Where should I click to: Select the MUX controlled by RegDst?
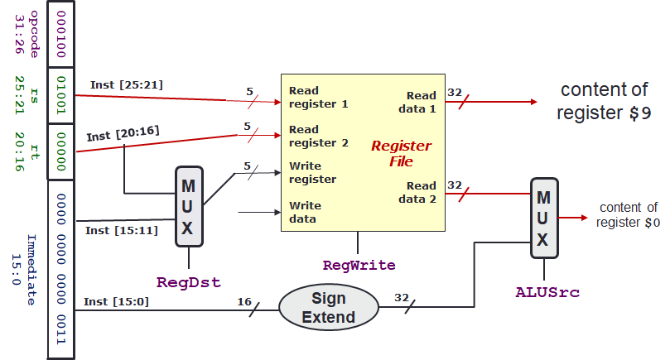click(x=189, y=206)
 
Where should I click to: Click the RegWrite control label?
click(x=359, y=266)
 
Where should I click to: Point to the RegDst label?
click(x=189, y=282)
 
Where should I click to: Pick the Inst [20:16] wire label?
click(x=123, y=131)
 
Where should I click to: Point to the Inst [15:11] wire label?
click(x=122, y=229)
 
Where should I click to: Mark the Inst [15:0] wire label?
click(x=118, y=300)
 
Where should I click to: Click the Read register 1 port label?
click(x=319, y=98)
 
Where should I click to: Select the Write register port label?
click(x=312, y=172)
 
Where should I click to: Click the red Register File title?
click(x=401, y=153)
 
